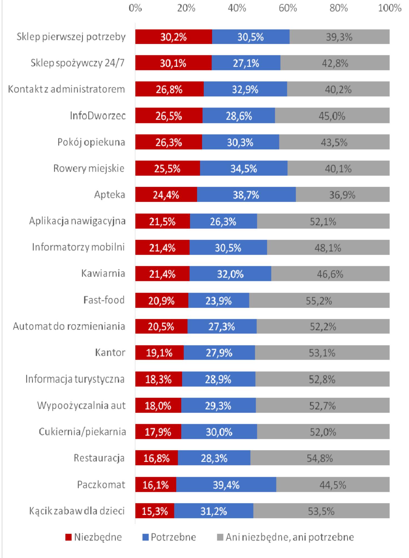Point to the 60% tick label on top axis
288,8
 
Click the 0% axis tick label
135,8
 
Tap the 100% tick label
390,8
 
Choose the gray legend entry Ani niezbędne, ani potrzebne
285,537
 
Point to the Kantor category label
110,353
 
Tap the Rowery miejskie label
89,168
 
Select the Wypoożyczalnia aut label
81,406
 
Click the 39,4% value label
226,485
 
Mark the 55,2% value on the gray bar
319,301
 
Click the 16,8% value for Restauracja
156,459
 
